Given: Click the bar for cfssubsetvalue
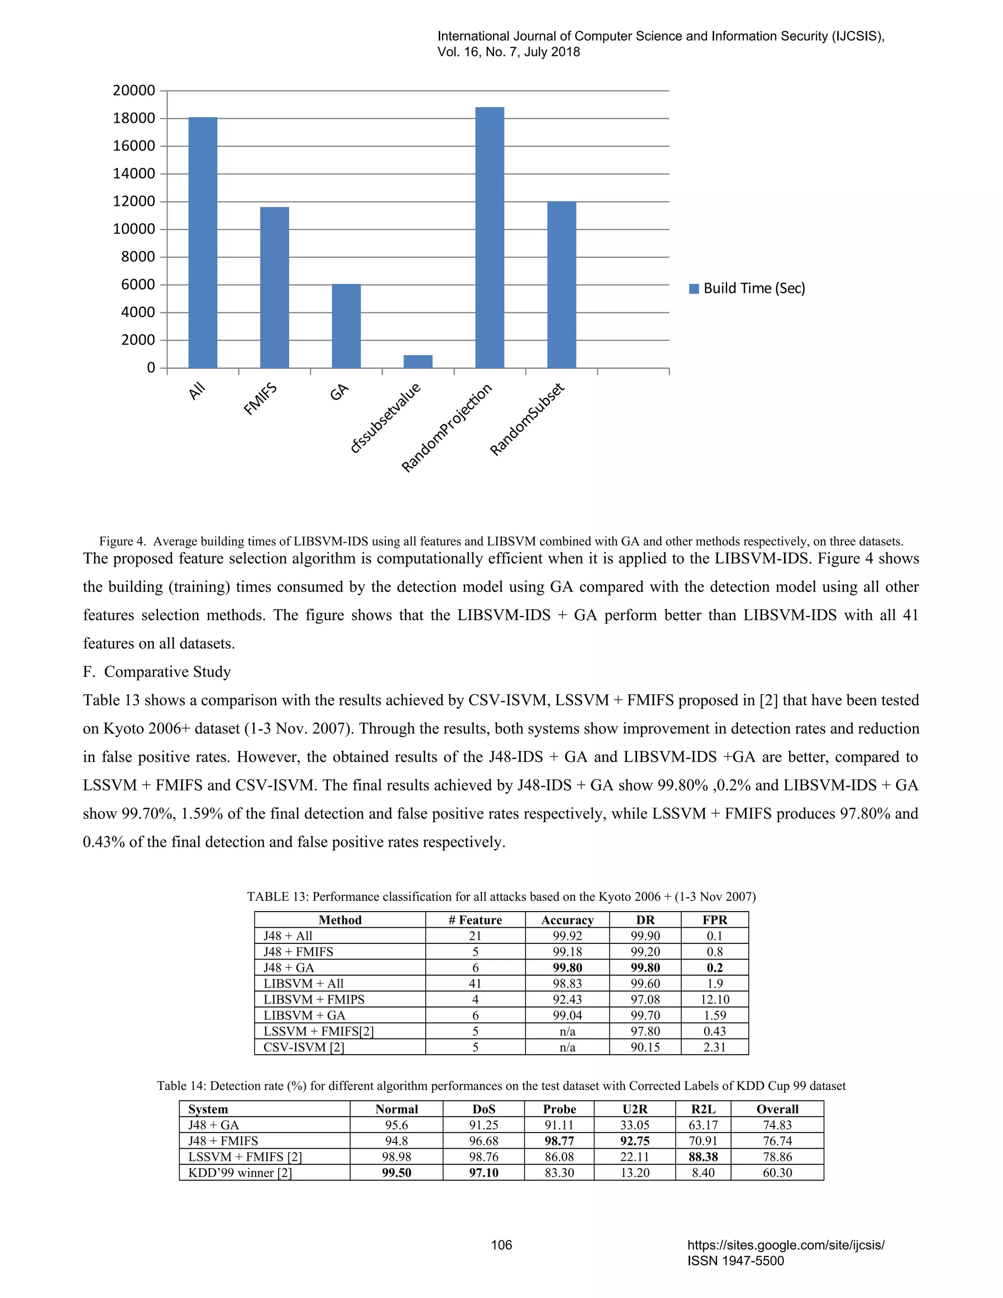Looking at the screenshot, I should [x=418, y=361].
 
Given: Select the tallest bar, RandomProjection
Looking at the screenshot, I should [x=490, y=238].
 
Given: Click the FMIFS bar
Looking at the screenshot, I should [x=275, y=288].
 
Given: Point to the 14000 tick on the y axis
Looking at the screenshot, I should [x=134, y=173].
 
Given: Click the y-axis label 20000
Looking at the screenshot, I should [x=134, y=90].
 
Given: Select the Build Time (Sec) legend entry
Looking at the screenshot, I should [x=747, y=288].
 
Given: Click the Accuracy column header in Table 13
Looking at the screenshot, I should [x=567, y=920].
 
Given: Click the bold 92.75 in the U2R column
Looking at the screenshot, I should [x=634, y=1141].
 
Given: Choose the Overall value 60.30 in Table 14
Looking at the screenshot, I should [x=777, y=1173].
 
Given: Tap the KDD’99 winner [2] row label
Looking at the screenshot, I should [x=239, y=1173].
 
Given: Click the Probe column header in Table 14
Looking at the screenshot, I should [x=559, y=1109].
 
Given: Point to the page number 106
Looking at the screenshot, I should [x=501, y=1245].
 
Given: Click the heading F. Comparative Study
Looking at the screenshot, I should [x=157, y=672].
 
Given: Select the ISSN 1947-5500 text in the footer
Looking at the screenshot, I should [x=736, y=1261].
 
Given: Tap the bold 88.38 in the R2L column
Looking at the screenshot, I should [x=703, y=1156].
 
